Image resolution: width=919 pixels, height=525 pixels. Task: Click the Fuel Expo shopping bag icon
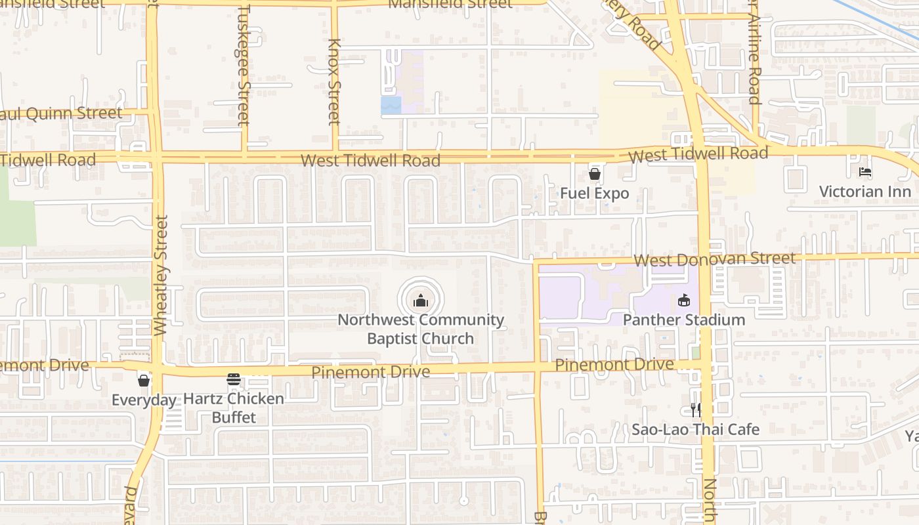click(x=595, y=174)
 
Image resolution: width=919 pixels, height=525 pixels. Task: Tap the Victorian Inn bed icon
click(x=865, y=172)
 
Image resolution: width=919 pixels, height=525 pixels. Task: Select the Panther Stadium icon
click(x=684, y=301)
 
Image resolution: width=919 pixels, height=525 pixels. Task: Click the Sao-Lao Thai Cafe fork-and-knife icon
click(x=695, y=410)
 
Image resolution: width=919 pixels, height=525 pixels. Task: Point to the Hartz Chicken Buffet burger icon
click(x=234, y=379)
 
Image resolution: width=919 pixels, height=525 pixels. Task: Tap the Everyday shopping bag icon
click(x=144, y=381)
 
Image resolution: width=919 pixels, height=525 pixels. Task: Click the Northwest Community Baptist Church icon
click(x=421, y=301)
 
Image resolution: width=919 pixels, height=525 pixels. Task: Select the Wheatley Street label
click(x=161, y=276)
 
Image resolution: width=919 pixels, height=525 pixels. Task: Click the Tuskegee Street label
click(x=244, y=66)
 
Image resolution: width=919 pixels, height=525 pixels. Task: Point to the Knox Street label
click(x=334, y=82)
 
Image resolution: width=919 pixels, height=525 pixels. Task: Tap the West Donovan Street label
click(x=715, y=259)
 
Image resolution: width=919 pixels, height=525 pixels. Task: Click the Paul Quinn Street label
click(x=62, y=114)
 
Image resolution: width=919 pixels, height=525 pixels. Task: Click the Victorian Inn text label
click(x=865, y=192)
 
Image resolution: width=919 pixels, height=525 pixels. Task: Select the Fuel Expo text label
click(x=595, y=194)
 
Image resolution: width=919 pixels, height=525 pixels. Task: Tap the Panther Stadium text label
click(x=684, y=320)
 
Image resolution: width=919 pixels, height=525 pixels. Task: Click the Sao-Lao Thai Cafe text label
click(x=695, y=430)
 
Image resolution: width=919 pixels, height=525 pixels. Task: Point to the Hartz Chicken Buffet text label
click(x=234, y=408)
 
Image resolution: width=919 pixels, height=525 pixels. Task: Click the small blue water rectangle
click(x=391, y=105)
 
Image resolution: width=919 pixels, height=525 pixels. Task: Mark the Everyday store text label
click(x=144, y=400)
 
